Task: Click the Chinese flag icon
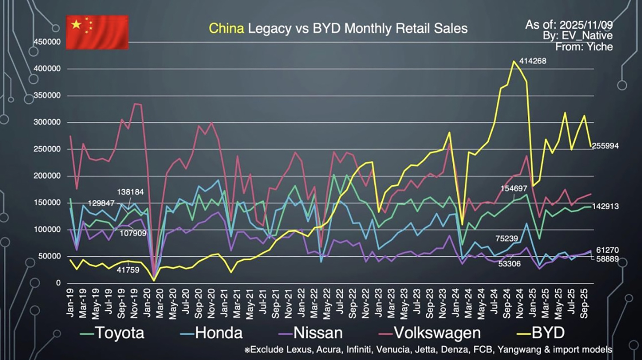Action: [97, 32]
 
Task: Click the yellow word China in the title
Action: [226, 29]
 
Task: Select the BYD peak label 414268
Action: [532, 61]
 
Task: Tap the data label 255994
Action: [605, 146]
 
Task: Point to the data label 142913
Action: [605, 206]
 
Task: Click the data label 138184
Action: [131, 192]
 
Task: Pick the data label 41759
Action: [128, 270]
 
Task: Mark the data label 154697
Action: [514, 188]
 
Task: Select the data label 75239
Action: [507, 239]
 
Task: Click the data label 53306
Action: [509, 264]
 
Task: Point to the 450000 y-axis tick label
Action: [47, 42]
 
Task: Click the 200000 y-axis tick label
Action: [47, 176]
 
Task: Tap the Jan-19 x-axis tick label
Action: [70, 303]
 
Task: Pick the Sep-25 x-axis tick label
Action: [584, 303]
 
